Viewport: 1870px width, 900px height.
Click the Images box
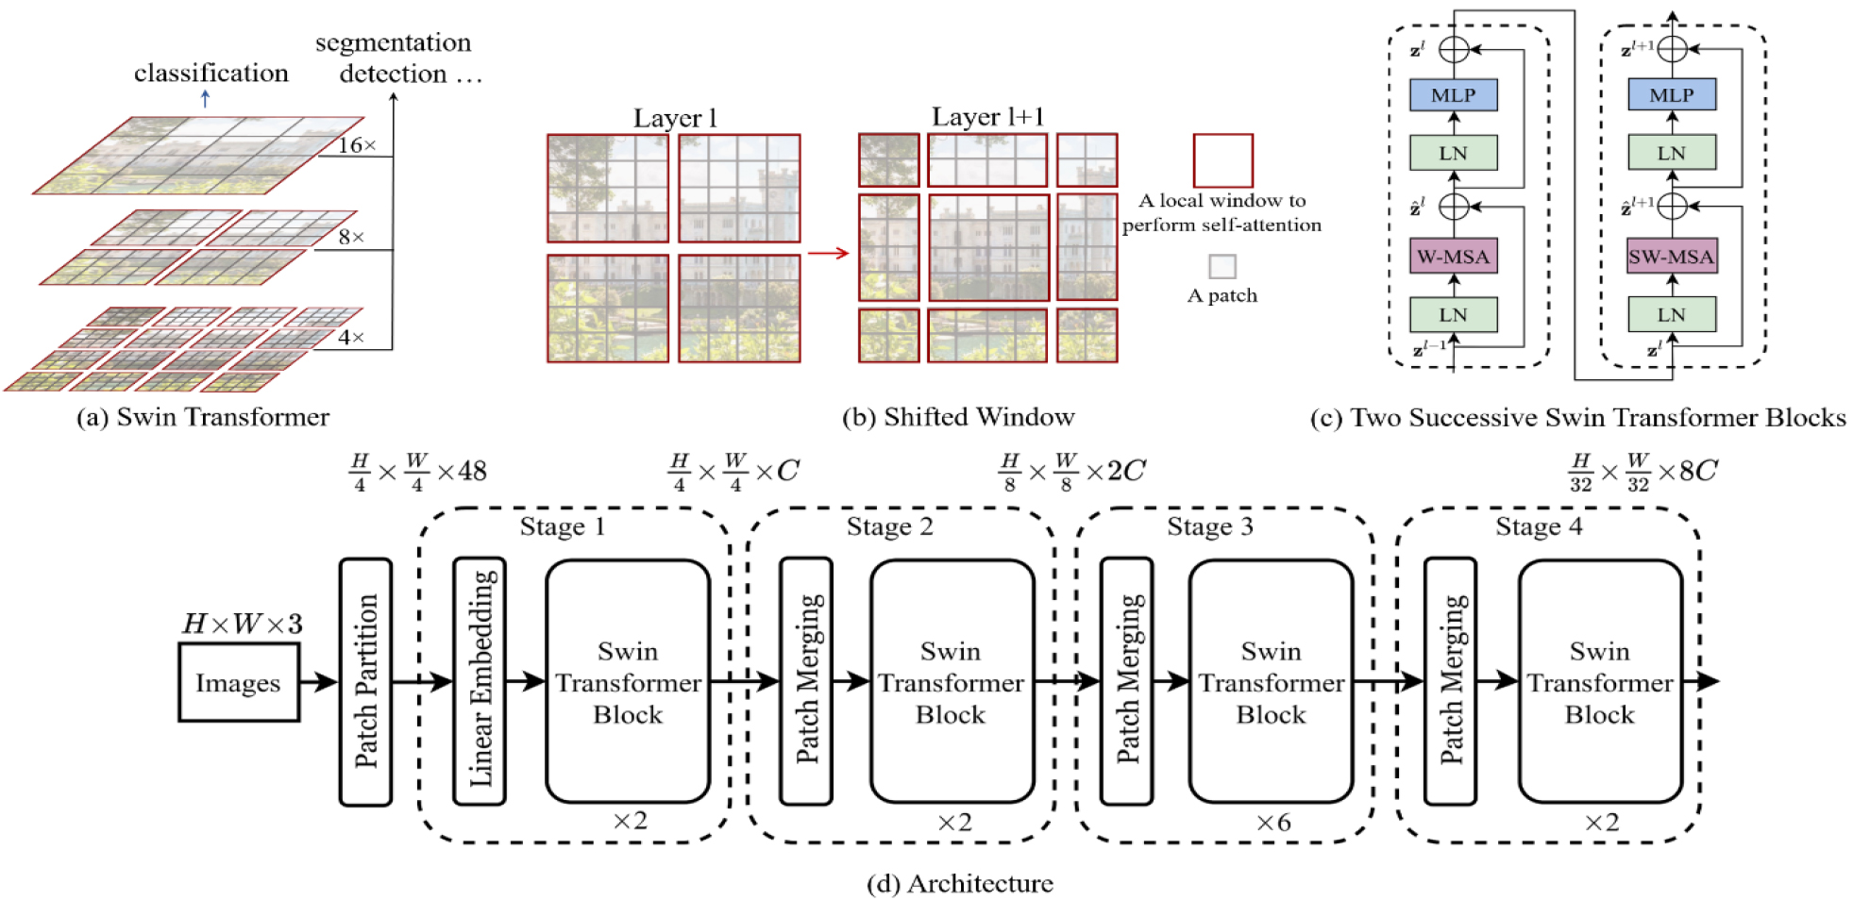(x=239, y=682)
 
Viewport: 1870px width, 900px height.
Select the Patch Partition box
(x=365, y=681)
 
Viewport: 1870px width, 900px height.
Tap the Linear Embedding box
(x=480, y=681)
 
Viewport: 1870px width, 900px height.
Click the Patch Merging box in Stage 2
(x=806, y=681)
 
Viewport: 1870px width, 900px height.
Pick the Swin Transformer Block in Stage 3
(x=1271, y=681)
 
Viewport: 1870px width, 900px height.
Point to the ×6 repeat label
(x=1272, y=823)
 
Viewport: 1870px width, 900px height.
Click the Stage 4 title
(x=1539, y=526)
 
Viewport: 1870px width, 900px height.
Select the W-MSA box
(x=1453, y=257)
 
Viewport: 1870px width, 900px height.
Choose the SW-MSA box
(x=1671, y=257)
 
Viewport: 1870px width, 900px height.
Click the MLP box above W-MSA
(x=1453, y=95)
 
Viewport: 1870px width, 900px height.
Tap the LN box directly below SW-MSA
(x=1671, y=315)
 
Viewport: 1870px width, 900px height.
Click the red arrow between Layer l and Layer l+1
(x=829, y=253)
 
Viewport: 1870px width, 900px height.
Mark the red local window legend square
(x=1222, y=160)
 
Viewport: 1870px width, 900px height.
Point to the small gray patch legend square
(x=1222, y=266)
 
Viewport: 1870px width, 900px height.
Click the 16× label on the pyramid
(x=357, y=145)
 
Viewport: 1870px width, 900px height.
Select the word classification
(x=211, y=74)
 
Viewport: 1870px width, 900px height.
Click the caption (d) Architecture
(x=959, y=884)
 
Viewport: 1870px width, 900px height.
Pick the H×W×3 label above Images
(x=242, y=624)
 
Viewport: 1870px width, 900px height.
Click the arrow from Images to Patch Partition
(x=318, y=682)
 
